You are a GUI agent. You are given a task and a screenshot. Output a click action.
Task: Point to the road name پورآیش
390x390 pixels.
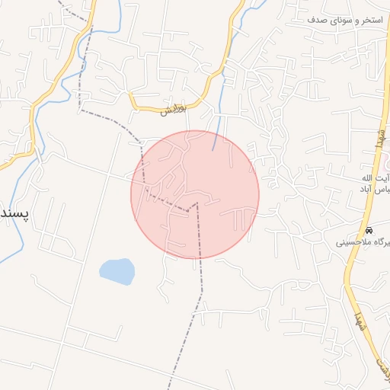pos(173,110)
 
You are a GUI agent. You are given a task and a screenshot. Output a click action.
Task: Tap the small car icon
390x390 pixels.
pos(369,230)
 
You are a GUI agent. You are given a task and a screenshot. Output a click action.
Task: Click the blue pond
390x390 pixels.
pos(117,270)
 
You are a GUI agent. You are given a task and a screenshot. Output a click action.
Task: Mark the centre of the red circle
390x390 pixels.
pos(195,194)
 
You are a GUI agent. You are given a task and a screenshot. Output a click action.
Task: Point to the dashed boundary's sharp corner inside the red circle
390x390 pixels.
pos(197,203)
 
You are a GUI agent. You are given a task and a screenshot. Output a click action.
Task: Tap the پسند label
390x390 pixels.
pos(13,214)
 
